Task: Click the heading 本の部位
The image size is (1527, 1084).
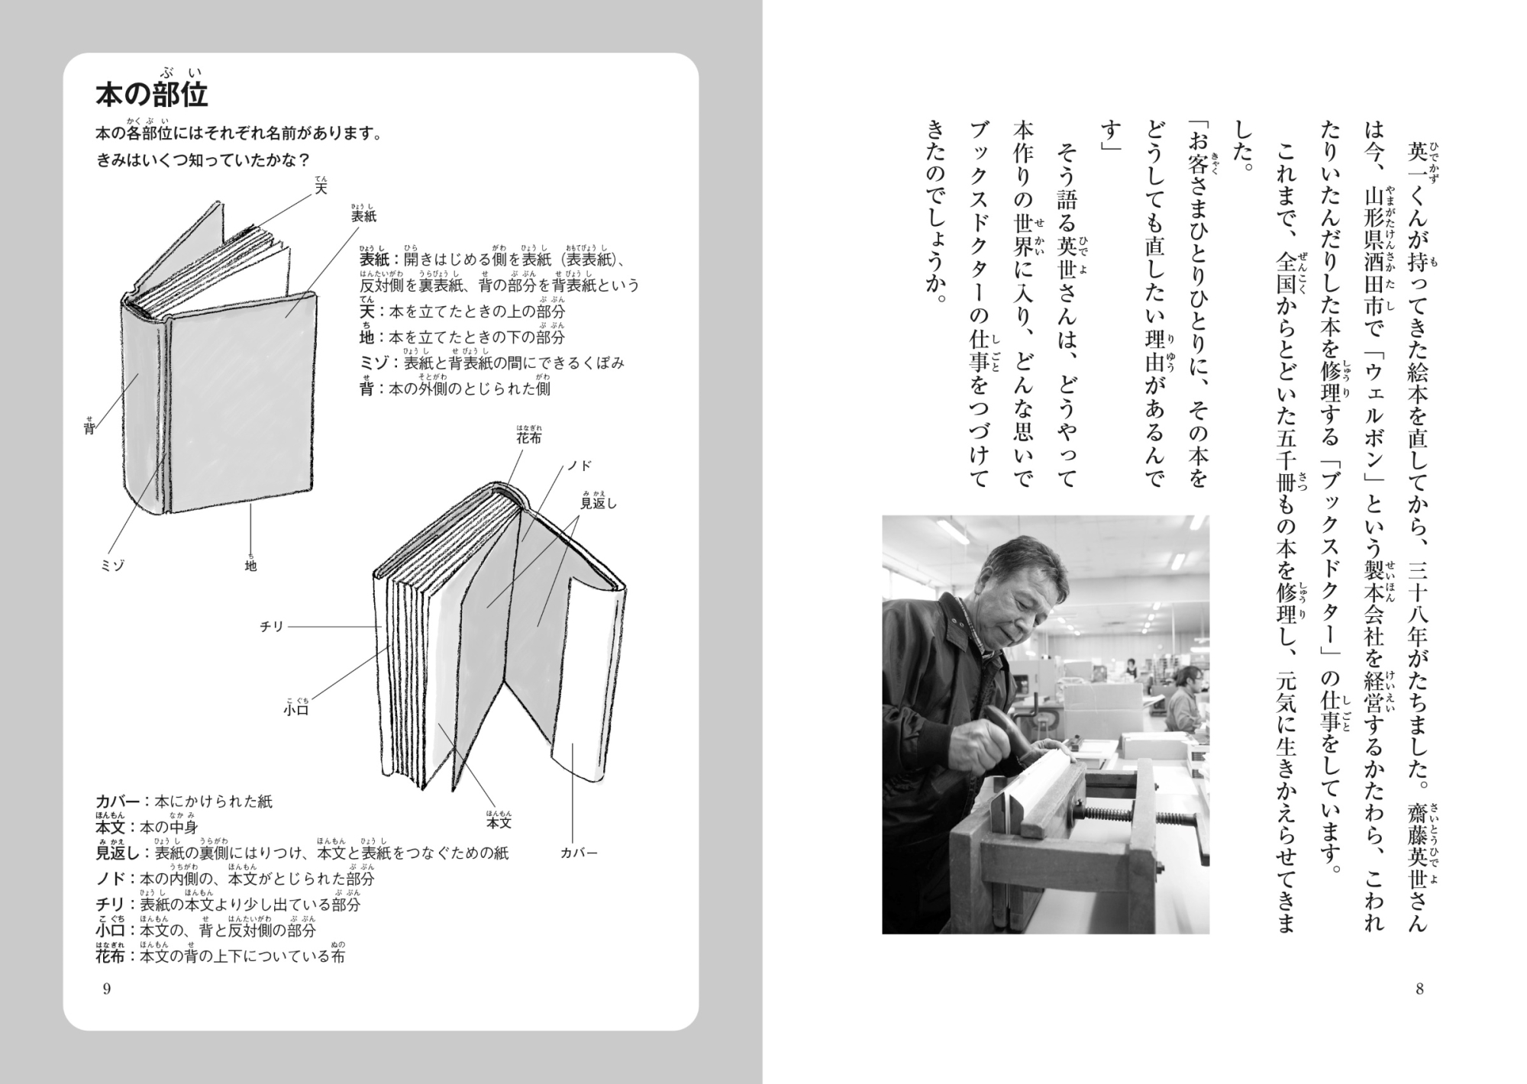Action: pos(152,95)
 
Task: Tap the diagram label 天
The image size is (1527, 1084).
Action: pos(321,188)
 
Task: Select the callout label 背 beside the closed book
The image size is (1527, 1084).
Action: pos(89,428)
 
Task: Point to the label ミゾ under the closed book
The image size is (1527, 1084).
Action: pos(113,566)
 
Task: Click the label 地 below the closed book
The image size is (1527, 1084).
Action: pos(250,566)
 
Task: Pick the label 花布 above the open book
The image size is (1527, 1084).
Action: pos(528,438)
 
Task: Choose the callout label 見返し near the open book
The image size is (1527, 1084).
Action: pos(599,503)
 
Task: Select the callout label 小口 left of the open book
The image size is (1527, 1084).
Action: pos(296,710)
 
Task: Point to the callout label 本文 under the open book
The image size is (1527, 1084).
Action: pos(499,823)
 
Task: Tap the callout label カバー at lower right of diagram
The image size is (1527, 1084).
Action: pos(579,853)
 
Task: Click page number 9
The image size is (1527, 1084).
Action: pos(106,989)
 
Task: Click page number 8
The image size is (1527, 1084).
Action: pos(1419,989)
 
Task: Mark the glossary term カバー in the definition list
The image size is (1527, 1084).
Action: pos(118,802)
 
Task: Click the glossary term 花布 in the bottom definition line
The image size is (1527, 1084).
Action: pos(110,956)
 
